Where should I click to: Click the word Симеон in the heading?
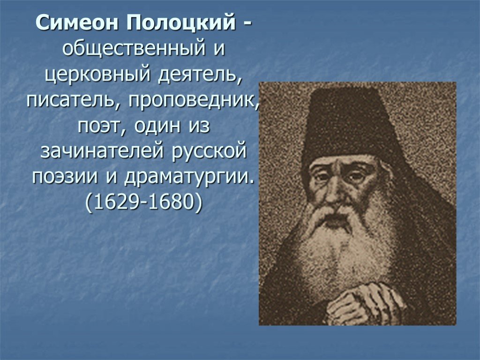pos(77,22)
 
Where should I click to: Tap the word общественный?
pos(134,49)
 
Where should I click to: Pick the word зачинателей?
pos(103,150)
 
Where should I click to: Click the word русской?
pos(209,151)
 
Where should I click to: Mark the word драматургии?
pos(189,177)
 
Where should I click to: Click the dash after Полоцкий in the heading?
pos(248,25)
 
